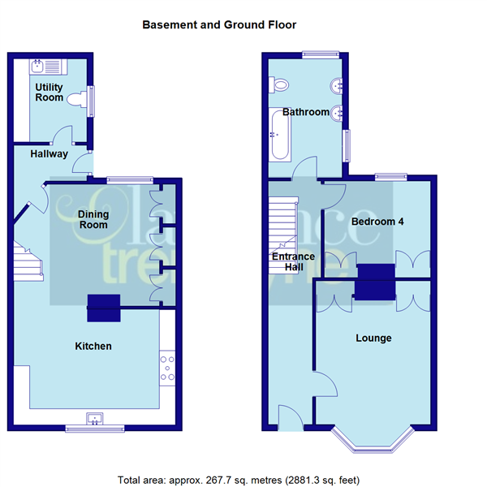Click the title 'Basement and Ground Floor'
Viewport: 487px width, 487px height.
(219, 25)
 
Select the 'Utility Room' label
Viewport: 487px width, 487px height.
(49, 92)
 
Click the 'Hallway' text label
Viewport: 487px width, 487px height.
(49, 153)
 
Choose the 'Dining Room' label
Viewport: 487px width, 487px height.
(93, 219)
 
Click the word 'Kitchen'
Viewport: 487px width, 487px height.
(93, 347)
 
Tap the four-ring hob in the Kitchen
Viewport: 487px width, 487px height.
(169, 367)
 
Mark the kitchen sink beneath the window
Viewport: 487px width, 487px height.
(96, 420)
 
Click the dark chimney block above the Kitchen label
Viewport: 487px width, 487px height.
(104, 302)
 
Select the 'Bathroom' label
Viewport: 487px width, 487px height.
(305, 112)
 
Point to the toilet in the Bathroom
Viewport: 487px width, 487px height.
(280, 84)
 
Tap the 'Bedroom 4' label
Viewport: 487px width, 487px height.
(377, 222)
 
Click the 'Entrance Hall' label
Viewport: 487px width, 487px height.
(293, 262)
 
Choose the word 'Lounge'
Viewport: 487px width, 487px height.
(373, 338)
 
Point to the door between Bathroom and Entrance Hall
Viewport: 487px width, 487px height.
(307, 169)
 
